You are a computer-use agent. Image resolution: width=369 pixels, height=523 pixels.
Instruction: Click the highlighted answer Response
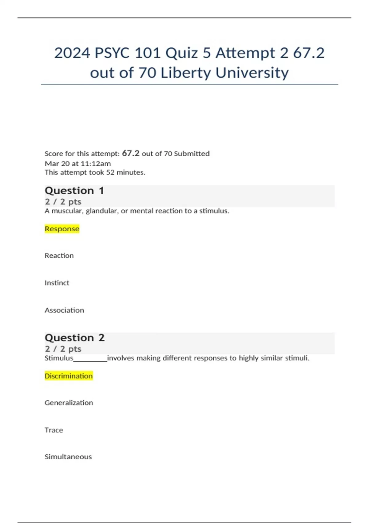point(62,229)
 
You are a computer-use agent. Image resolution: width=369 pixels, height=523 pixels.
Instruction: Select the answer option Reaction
point(59,256)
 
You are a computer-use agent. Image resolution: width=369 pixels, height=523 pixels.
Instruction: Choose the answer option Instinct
point(57,283)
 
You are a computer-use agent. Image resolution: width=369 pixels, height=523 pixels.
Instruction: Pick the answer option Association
point(64,310)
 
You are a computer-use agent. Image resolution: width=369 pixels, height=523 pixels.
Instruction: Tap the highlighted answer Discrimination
point(69,376)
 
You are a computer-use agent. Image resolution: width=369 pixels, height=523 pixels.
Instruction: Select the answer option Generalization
point(69,403)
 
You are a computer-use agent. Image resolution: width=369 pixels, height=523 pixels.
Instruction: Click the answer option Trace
point(54,430)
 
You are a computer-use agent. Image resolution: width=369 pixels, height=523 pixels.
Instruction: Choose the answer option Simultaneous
point(68,457)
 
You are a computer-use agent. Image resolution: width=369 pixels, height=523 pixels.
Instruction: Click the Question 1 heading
point(74,191)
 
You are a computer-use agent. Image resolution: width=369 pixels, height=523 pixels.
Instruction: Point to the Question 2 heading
point(75,338)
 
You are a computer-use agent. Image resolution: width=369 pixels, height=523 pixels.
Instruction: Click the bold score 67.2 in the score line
point(131,153)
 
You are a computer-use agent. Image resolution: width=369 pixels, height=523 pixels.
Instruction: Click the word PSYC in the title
point(112,53)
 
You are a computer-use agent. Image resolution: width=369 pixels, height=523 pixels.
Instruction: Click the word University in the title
point(252,73)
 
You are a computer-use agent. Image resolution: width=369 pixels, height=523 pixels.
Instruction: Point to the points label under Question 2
point(63,349)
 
